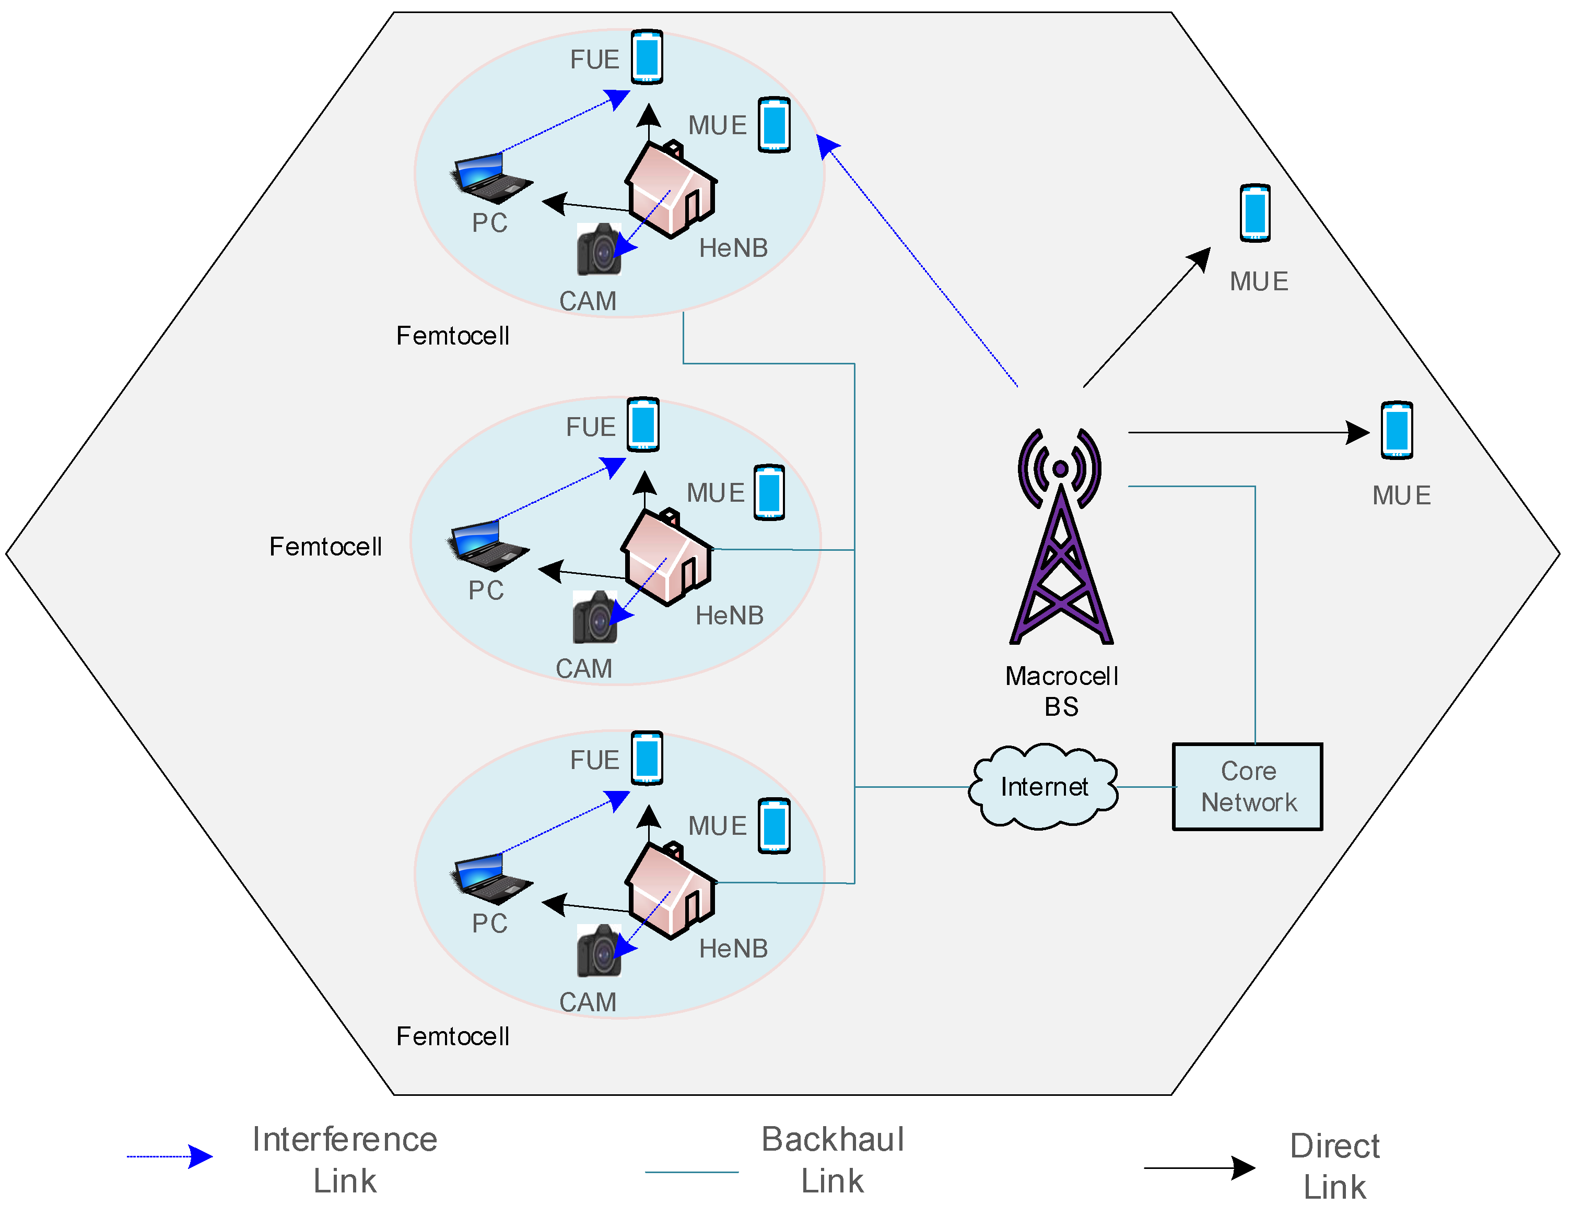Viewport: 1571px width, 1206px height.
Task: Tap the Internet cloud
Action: pyautogui.click(x=1044, y=786)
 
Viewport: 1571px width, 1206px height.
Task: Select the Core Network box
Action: pyautogui.click(x=1248, y=787)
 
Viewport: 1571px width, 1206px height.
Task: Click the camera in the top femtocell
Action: pyautogui.click(x=599, y=249)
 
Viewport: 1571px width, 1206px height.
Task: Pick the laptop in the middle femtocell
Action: pyautogui.click(x=489, y=545)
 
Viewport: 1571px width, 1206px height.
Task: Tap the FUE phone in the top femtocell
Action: pyautogui.click(x=647, y=57)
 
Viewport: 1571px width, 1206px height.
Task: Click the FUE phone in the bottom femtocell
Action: pyautogui.click(x=647, y=758)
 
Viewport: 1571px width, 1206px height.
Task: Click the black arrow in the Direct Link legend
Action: pyautogui.click(x=1200, y=1168)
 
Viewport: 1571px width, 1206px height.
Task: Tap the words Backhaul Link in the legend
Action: pyautogui.click(x=833, y=1160)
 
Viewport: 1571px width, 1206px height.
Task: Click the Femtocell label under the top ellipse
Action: pyautogui.click(x=453, y=336)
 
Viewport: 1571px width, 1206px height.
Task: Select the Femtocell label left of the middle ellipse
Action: pyautogui.click(x=326, y=547)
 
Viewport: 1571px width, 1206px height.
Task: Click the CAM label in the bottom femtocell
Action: pyautogui.click(x=588, y=1002)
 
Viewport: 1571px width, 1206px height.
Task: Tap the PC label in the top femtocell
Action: pyautogui.click(x=490, y=223)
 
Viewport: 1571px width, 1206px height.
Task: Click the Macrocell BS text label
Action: pyautogui.click(x=1062, y=691)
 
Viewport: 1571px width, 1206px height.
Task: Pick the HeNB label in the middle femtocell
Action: pyautogui.click(x=730, y=616)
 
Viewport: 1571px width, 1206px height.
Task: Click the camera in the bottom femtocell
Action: pyautogui.click(x=599, y=950)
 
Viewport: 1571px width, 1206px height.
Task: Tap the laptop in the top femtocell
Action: pyautogui.click(x=493, y=178)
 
